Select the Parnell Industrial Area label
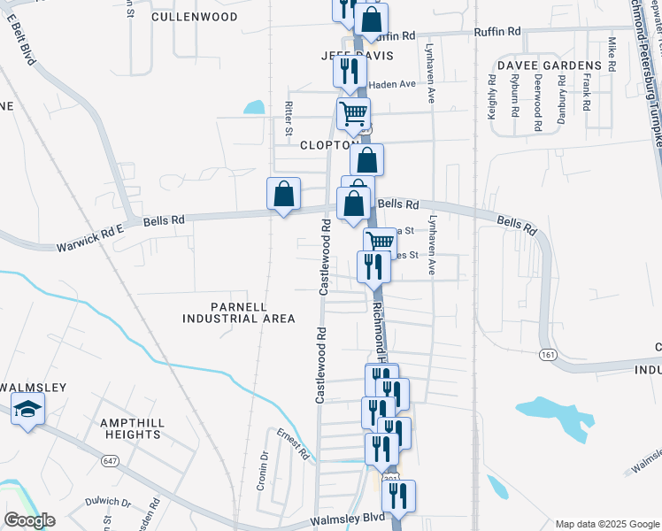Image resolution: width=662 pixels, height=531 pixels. coord(238,312)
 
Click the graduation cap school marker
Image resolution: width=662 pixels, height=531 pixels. coord(27,409)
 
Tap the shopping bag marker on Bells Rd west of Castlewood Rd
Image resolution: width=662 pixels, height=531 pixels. coord(283,194)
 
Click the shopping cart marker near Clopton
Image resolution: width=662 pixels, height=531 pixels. coord(353,113)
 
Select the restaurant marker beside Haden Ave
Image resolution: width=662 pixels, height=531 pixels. coord(350,70)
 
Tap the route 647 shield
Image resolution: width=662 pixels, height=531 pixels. coord(110,461)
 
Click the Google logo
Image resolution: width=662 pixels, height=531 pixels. coord(30,519)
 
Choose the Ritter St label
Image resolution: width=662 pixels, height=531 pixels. coord(289,118)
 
